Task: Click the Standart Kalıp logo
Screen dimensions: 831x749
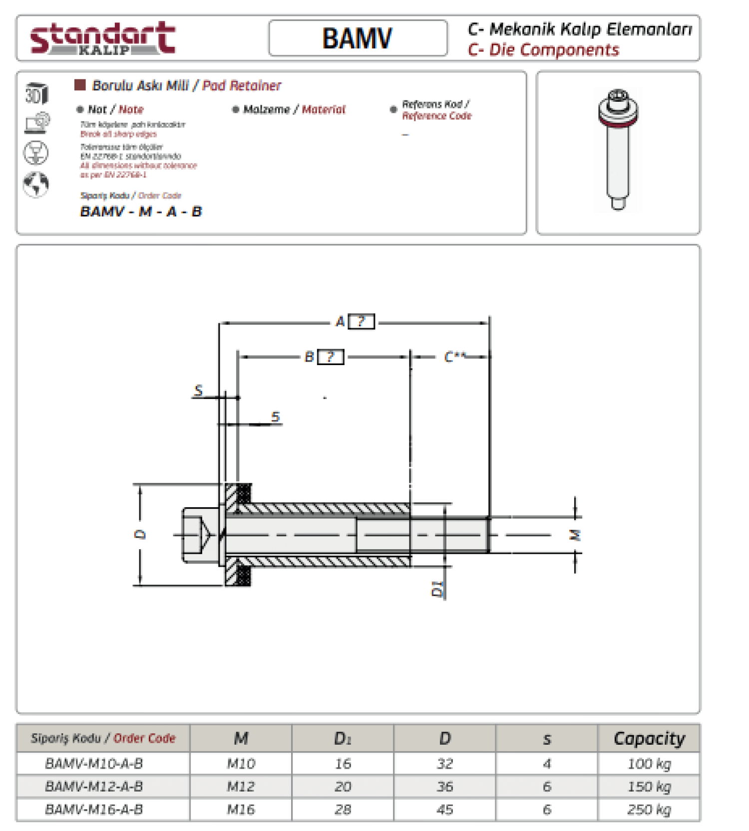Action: coord(103,38)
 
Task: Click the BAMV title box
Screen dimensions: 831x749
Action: coord(358,38)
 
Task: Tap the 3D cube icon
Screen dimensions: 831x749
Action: coord(36,93)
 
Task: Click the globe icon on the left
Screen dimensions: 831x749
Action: coord(36,184)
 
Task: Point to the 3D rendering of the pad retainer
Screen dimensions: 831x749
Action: coord(618,150)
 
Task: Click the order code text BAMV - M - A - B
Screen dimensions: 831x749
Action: coord(141,211)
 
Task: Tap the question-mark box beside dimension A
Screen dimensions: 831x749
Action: coord(361,321)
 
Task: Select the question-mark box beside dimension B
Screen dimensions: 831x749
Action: coord(331,357)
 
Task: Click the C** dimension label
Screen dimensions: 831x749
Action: coord(454,357)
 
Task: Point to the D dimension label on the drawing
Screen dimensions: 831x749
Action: coord(140,534)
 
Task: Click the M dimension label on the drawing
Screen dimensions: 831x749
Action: coord(575,535)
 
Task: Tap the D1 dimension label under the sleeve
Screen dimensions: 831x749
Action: coord(437,589)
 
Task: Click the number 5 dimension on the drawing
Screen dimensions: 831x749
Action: coord(275,417)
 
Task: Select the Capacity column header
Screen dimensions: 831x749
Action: coord(649,738)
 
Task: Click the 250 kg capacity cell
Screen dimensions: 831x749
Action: coord(649,809)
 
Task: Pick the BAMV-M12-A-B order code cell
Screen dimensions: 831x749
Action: coord(94,787)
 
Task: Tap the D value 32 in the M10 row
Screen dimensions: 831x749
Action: coord(444,764)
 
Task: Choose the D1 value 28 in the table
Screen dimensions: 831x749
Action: coord(343,809)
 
